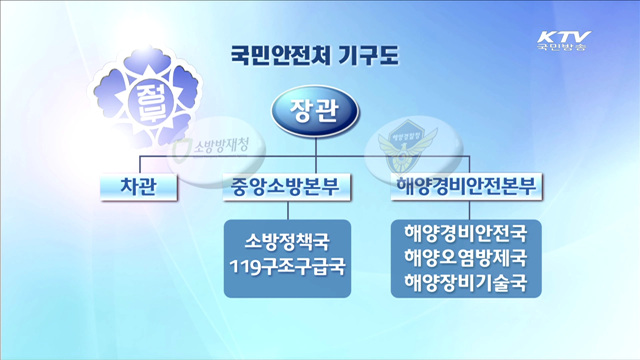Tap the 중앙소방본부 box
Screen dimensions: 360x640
tap(287, 187)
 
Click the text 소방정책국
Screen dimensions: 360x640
tap(286, 242)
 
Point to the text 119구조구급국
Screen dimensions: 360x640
tap(286, 268)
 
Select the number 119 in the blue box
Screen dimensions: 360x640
tap(246, 268)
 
